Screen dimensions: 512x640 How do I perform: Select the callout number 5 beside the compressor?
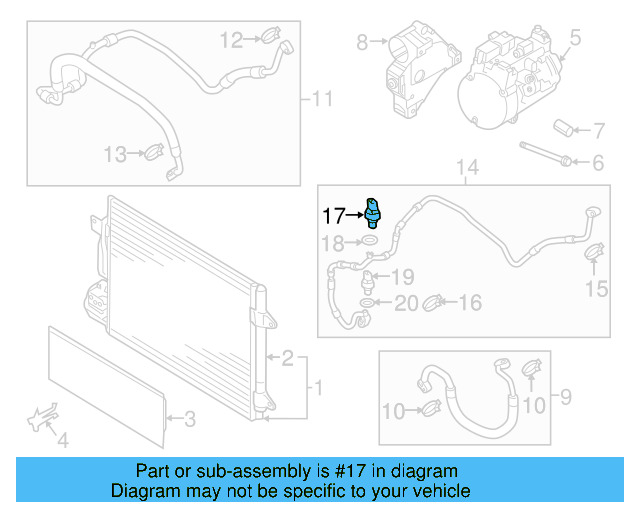575,40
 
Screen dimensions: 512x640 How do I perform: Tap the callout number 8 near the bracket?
362,42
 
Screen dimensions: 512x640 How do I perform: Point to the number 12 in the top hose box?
232,40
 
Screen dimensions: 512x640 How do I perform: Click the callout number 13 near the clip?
115,154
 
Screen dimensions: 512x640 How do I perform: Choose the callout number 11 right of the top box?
322,99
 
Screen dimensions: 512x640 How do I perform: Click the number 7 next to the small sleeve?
599,130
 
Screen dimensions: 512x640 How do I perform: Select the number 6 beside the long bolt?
598,162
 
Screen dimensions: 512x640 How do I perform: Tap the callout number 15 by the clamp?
596,290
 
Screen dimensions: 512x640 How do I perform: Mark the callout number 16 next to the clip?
470,303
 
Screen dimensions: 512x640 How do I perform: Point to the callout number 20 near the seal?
405,304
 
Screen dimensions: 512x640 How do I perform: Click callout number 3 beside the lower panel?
188,419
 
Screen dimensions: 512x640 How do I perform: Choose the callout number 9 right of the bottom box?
565,398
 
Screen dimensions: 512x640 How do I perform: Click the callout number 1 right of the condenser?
319,387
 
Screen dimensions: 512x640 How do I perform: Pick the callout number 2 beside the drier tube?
287,357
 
